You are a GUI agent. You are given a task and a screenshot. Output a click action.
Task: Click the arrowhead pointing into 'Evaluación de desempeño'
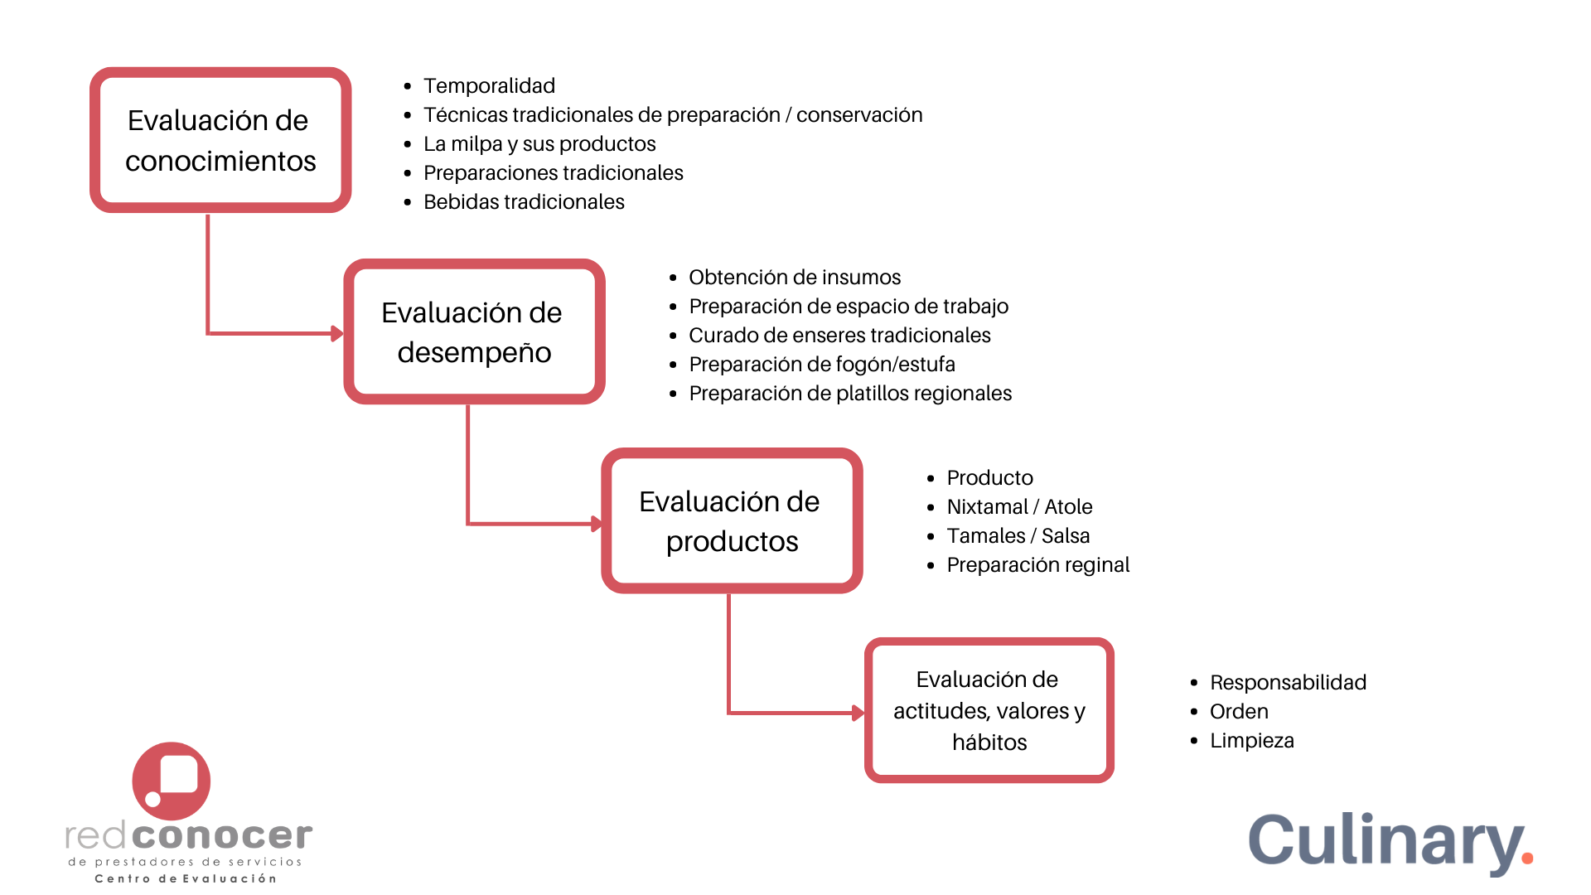pyautogui.click(x=337, y=333)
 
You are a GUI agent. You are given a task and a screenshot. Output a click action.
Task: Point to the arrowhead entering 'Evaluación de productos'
pyautogui.click(x=596, y=524)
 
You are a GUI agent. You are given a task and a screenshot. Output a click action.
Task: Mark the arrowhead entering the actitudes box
pyautogui.click(x=858, y=713)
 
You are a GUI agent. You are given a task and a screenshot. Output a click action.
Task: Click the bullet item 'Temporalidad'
pyautogui.click(x=489, y=85)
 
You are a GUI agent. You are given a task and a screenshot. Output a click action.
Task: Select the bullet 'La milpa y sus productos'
pyautogui.click(x=539, y=143)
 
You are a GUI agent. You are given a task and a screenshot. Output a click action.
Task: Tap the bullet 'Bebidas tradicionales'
pyautogui.click(x=524, y=201)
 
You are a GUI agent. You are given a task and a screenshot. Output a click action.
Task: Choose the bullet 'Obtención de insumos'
pyautogui.click(x=795, y=277)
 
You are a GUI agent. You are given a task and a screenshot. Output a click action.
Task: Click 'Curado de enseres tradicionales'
pyautogui.click(x=839, y=335)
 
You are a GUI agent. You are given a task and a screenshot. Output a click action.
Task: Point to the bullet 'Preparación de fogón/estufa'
pyautogui.click(x=822, y=364)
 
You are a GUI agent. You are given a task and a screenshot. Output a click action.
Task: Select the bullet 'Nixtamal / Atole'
pyautogui.click(x=1019, y=506)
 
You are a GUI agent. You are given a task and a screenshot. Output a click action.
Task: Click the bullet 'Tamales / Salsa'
pyautogui.click(x=1018, y=535)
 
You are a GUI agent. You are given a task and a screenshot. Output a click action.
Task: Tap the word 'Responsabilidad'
pyautogui.click(x=1288, y=682)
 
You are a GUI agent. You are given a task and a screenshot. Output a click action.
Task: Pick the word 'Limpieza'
pyautogui.click(x=1251, y=740)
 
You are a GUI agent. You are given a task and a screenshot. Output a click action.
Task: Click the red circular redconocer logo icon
pyautogui.click(x=172, y=781)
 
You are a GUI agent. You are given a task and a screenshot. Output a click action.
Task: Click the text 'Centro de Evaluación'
pyautogui.click(x=186, y=878)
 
